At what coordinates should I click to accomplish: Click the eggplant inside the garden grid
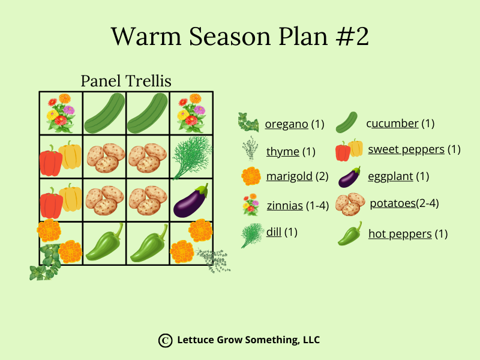(x=190, y=202)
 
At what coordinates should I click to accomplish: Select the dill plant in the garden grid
(x=192, y=157)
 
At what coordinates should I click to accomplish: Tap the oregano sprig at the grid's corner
(x=46, y=262)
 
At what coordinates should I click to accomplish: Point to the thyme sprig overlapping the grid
(x=214, y=260)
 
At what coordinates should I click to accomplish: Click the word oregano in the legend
(x=287, y=124)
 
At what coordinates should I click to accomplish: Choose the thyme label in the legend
(x=283, y=152)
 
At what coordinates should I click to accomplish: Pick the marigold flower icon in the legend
(x=251, y=176)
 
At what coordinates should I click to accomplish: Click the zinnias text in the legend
(x=284, y=205)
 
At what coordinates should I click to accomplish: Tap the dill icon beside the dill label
(x=252, y=235)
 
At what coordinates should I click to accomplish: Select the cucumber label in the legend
(x=392, y=124)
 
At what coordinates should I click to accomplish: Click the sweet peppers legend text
(x=406, y=149)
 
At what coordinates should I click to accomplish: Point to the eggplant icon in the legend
(x=349, y=177)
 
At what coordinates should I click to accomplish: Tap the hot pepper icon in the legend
(x=350, y=233)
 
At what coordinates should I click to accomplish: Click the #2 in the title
(x=352, y=37)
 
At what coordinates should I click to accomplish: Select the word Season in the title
(x=230, y=37)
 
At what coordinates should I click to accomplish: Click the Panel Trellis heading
(x=126, y=81)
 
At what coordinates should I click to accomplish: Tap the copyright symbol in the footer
(x=166, y=340)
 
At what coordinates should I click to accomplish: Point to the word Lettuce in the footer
(x=196, y=340)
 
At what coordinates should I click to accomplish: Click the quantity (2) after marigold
(x=322, y=176)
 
